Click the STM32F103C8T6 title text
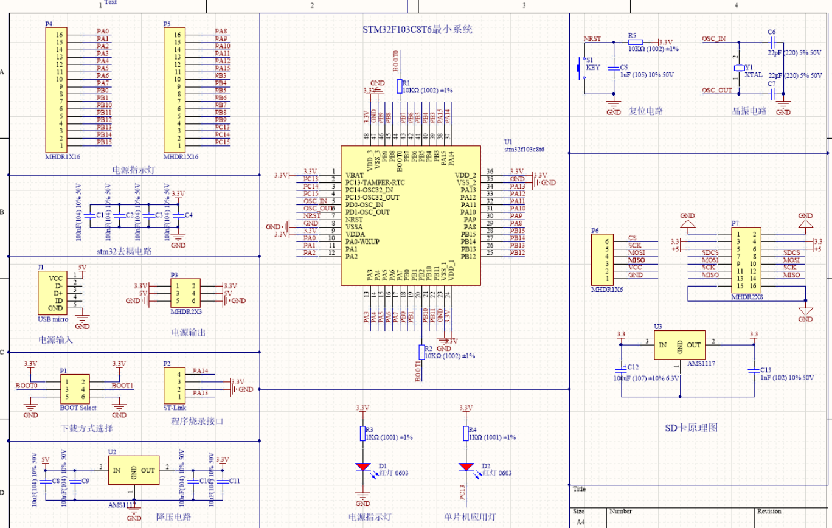click(x=417, y=29)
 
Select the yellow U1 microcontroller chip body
click(x=411, y=215)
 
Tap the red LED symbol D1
click(x=363, y=467)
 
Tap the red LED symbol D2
click(x=466, y=467)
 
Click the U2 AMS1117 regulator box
click(x=133, y=470)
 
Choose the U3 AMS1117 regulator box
click(x=679, y=345)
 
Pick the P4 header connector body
click(x=55, y=90)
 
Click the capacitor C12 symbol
click(x=622, y=369)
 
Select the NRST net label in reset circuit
click(x=592, y=38)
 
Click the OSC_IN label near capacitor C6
click(x=713, y=38)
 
